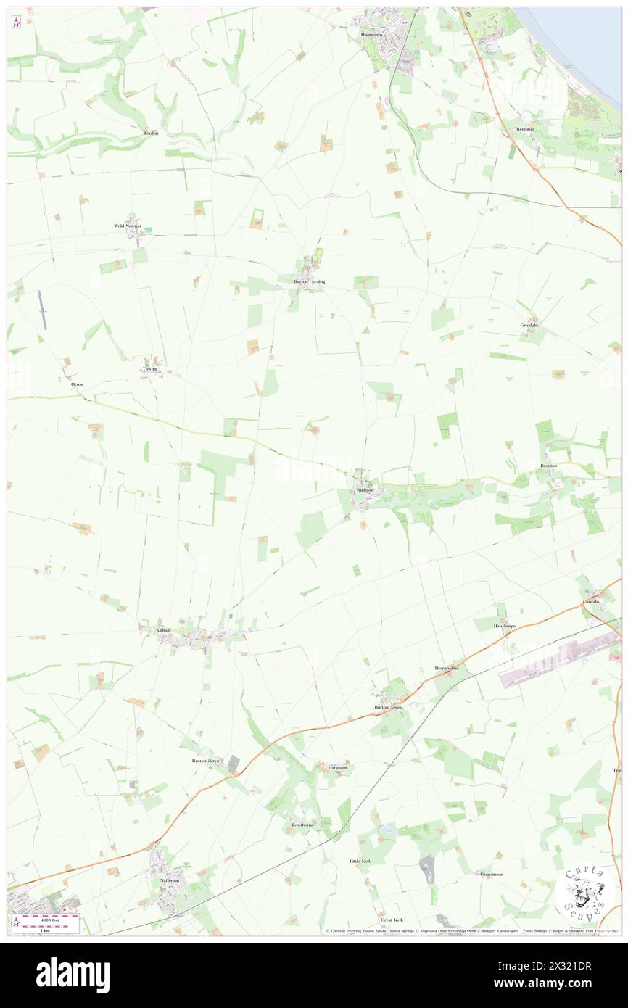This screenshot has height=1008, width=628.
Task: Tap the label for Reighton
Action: tap(525, 129)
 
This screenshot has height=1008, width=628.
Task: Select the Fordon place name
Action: tap(151, 133)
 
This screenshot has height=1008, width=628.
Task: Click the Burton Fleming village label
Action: tap(310, 281)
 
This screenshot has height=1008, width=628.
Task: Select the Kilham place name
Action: tap(163, 630)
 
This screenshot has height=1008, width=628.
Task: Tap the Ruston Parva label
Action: tap(204, 761)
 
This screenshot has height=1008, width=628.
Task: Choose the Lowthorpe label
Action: tap(302, 825)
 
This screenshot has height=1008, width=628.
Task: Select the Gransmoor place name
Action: tap(491, 875)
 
